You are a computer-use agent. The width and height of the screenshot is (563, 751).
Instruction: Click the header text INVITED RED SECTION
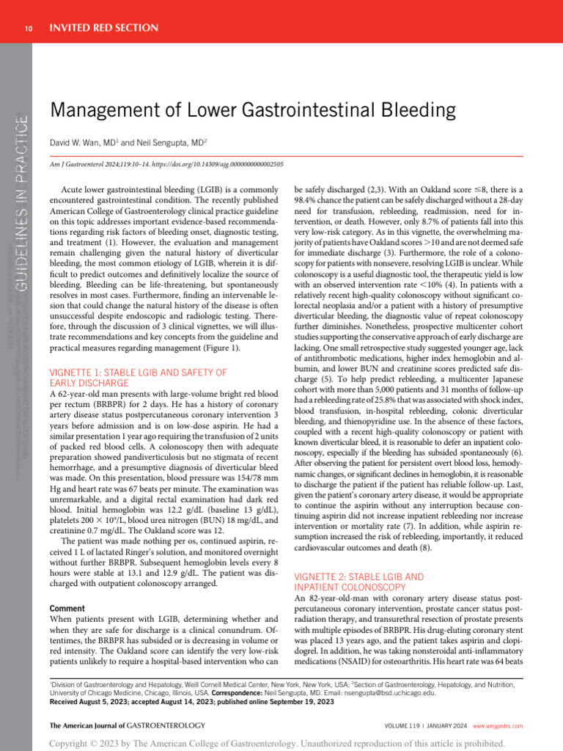tap(103, 28)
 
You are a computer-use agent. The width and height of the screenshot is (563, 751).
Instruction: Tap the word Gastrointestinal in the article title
tap(295, 111)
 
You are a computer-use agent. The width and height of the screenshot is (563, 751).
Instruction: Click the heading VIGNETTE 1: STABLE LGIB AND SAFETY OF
tap(138, 373)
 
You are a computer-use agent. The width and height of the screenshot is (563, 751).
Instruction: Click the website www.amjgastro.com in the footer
tap(498, 725)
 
